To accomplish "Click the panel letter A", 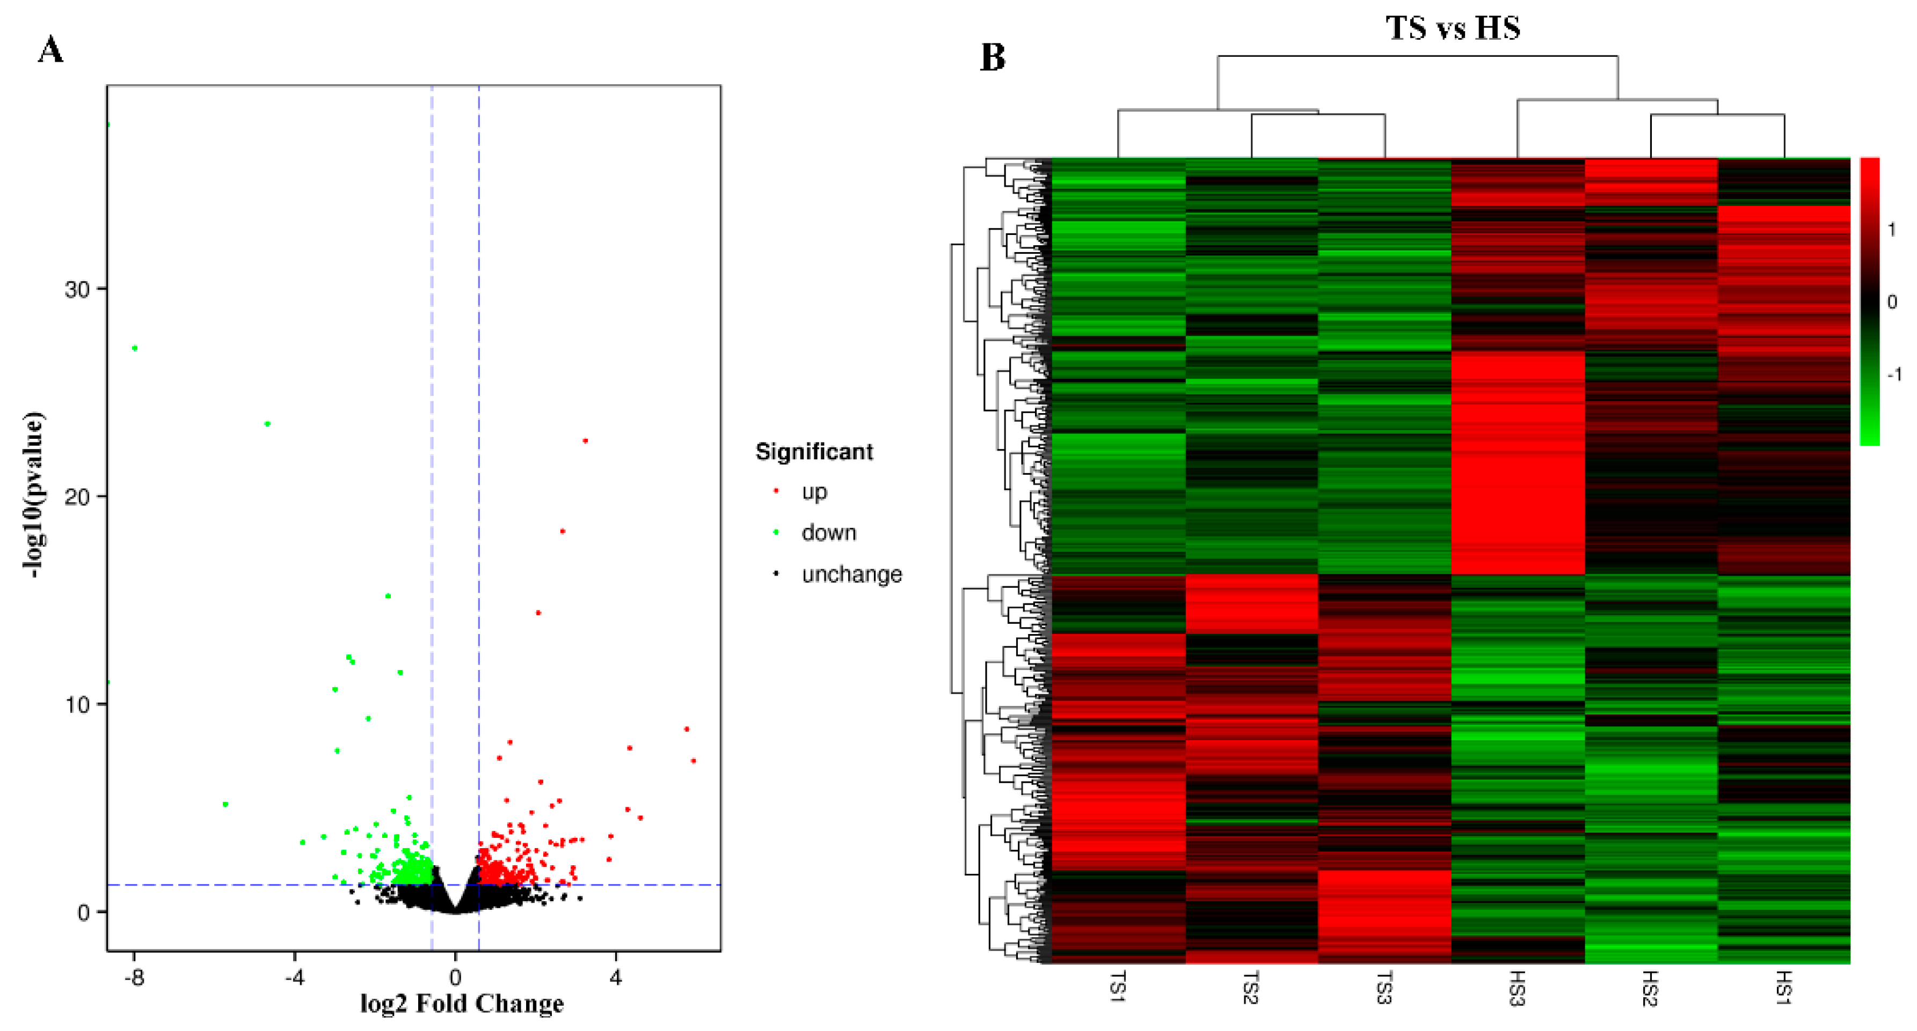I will (x=50, y=50).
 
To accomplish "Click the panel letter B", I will (x=993, y=57).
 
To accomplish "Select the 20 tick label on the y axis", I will (x=77, y=497).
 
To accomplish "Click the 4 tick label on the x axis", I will (x=615, y=977).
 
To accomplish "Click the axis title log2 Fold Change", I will (x=461, y=1004).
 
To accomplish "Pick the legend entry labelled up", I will (x=814, y=492).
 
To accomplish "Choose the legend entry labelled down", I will (x=828, y=533).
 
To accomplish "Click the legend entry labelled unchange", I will (x=851, y=575).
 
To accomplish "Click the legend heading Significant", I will (x=814, y=452).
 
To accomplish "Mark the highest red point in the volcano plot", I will (x=585, y=441).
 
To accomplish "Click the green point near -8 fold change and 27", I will (x=135, y=348).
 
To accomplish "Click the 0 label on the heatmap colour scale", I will (x=1892, y=302).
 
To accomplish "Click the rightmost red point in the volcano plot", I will (x=694, y=761).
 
